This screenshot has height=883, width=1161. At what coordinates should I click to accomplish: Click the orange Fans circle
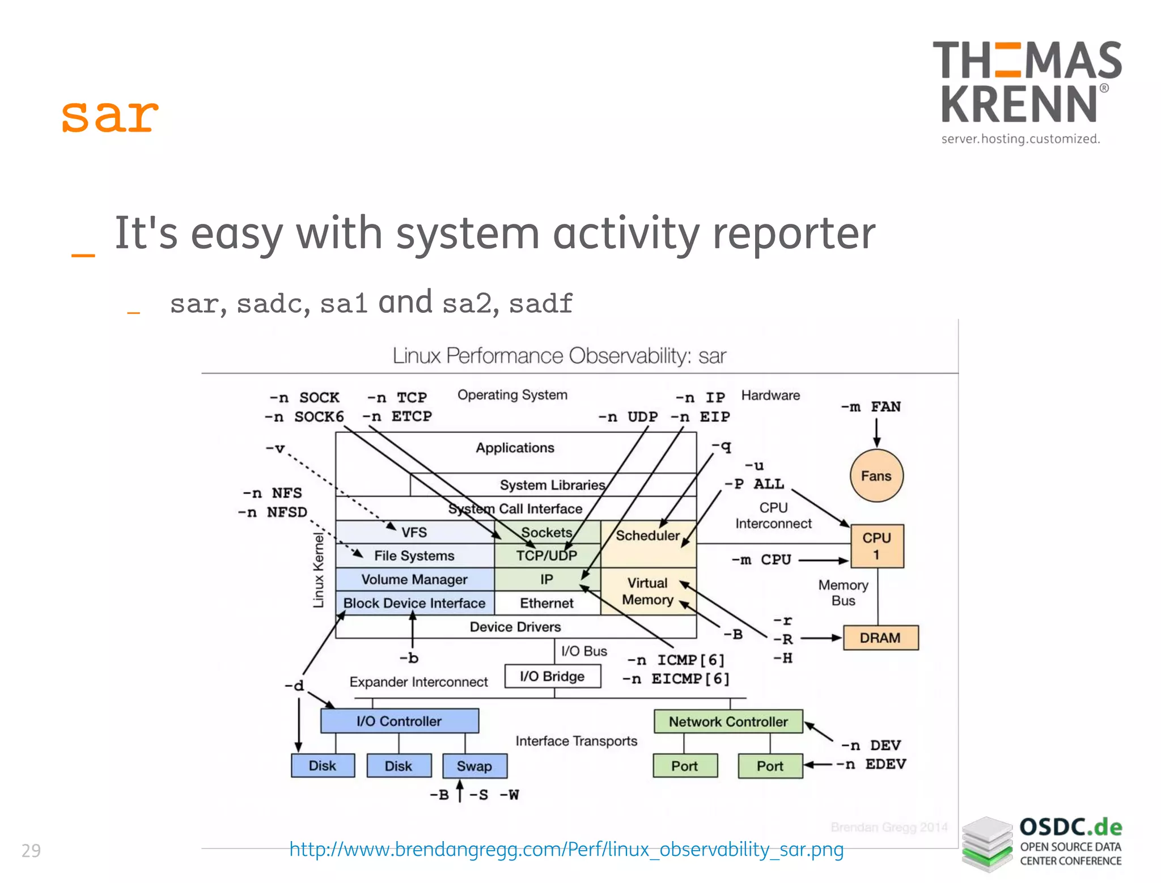tap(876, 476)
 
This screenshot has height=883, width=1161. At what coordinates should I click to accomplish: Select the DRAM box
tap(880, 638)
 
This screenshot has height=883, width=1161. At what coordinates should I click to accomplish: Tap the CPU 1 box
tap(876, 546)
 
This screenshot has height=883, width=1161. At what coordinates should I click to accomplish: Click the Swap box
tap(474, 766)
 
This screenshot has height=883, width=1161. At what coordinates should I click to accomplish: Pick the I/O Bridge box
tap(552, 676)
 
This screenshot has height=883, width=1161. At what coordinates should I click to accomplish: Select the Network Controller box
tap(728, 721)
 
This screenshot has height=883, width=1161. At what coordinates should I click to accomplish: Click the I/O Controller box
tap(399, 721)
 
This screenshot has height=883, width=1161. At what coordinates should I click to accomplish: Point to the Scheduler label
tap(647, 536)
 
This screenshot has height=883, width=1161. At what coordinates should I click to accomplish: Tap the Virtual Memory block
tap(647, 591)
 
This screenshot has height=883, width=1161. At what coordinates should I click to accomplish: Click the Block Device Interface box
tap(414, 603)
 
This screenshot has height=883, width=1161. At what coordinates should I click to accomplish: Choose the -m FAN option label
tap(871, 407)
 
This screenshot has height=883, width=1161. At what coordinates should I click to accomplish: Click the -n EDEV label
tap(871, 764)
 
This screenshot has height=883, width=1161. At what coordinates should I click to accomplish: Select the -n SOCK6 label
tap(304, 417)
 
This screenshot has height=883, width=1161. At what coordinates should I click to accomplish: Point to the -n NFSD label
tap(273, 512)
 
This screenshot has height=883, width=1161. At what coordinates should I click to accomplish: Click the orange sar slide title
tap(110, 116)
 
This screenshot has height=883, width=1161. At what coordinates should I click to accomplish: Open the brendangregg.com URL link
tap(566, 849)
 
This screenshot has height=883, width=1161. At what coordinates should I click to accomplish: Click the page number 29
tap(31, 851)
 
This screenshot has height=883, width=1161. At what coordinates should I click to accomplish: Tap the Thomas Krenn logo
tap(1026, 91)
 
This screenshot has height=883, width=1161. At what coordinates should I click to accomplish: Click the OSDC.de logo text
tap(1070, 827)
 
